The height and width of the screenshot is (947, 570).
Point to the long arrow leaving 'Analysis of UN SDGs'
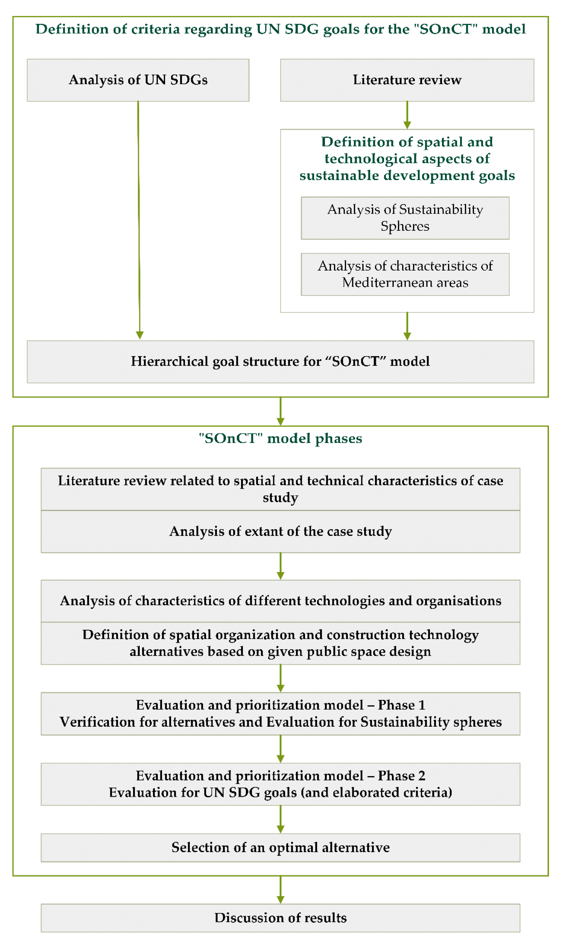[x=139, y=219]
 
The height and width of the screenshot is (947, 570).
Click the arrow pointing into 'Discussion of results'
[x=280, y=889]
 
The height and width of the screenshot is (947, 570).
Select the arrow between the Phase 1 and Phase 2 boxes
[x=280, y=749]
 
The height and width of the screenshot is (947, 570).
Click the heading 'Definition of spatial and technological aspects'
[x=407, y=158]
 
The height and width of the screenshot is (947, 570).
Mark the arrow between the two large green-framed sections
[x=280, y=411]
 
